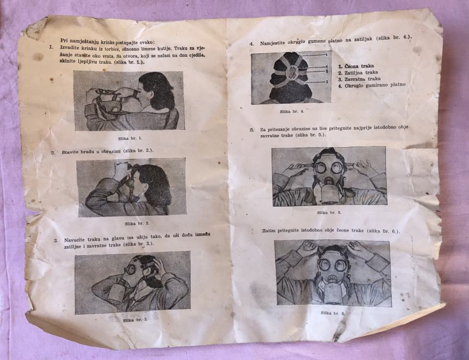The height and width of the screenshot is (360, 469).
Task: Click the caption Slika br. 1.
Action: point(130,139)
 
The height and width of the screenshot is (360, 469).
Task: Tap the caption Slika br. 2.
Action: point(137,223)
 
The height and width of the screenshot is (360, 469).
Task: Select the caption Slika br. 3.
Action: point(135,320)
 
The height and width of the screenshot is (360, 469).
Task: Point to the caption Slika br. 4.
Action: point(292,112)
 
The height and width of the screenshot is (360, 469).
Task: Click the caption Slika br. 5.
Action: point(329,213)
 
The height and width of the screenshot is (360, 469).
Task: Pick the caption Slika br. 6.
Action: point(333,314)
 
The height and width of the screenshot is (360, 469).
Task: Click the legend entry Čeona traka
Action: point(356,66)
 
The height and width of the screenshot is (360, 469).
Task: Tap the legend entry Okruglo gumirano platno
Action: point(372,86)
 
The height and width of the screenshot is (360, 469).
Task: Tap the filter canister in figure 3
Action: point(114,292)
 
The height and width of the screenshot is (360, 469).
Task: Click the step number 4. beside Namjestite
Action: point(252,44)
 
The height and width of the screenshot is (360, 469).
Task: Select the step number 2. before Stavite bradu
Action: point(53,153)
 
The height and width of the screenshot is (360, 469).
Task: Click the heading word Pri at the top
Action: point(64,40)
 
